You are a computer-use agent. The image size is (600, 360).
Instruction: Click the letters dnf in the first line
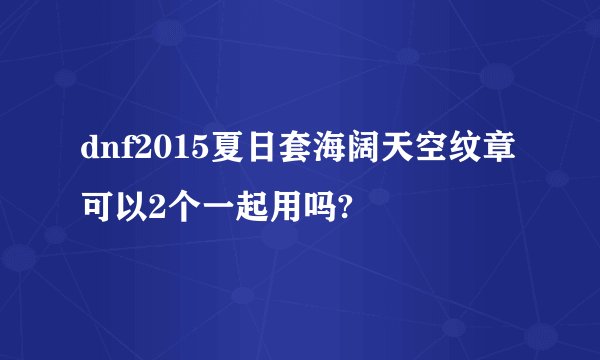pos(104,150)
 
